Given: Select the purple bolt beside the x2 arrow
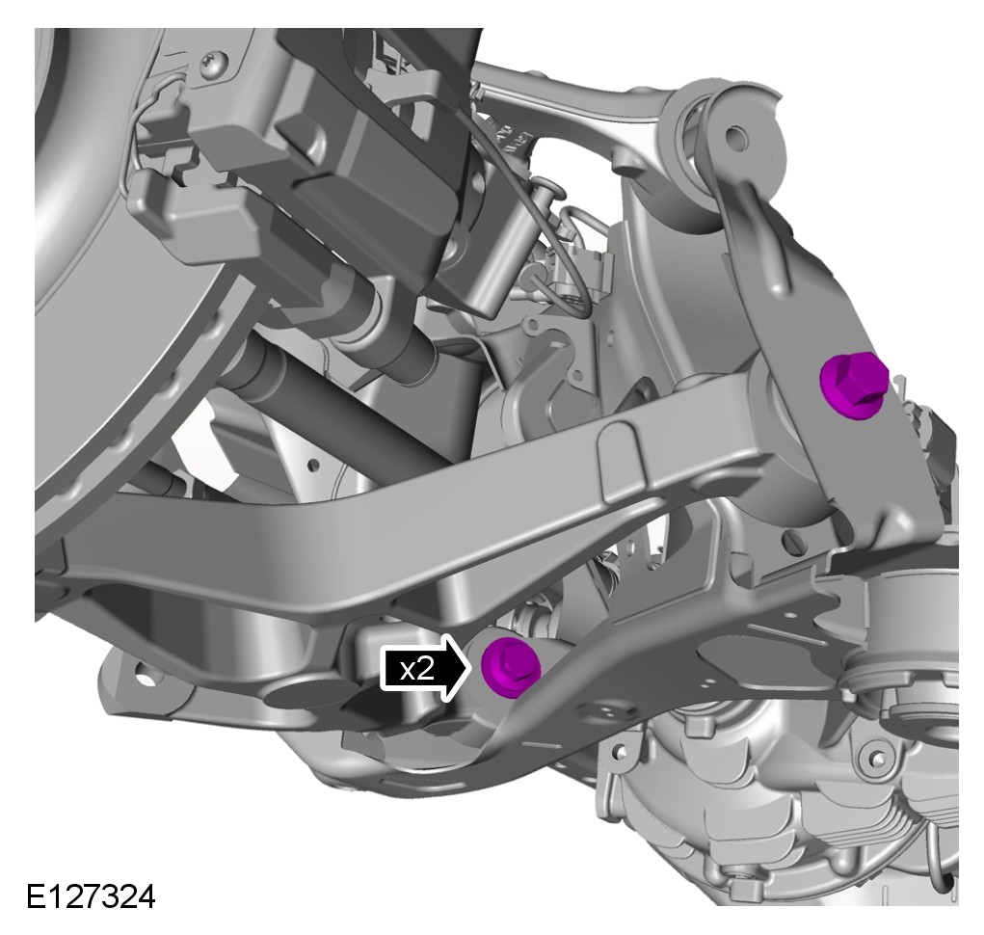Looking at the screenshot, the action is pyautogui.click(x=511, y=666).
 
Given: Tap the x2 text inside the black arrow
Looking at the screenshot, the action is pyautogui.click(x=417, y=669).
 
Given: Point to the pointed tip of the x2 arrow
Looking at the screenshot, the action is pyautogui.click(x=471, y=667).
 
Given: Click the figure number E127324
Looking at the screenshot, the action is pyautogui.click(x=91, y=896).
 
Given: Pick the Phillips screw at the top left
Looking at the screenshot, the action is pyautogui.click(x=214, y=64).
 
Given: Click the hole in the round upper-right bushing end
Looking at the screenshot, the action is pyautogui.click(x=736, y=136).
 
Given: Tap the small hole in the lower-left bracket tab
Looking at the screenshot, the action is pyautogui.click(x=145, y=679).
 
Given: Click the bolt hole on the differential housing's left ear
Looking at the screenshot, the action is pyautogui.click(x=619, y=751).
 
